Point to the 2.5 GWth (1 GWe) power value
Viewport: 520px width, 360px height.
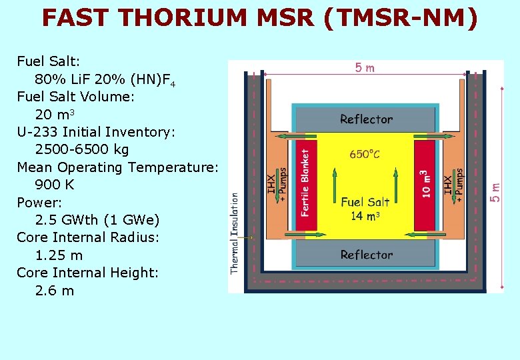click(97, 220)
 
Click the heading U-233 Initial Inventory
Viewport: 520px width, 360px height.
click(96, 132)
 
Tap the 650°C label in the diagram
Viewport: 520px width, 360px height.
click(365, 154)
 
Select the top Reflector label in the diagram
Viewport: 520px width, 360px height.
click(366, 119)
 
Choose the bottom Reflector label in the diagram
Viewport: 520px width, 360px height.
click(366, 255)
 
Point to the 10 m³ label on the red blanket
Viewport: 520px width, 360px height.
click(425, 183)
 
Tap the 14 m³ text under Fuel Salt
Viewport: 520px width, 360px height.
click(365, 215)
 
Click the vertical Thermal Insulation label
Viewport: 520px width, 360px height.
click(235, 233)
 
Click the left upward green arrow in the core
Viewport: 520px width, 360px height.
click(333, 185)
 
